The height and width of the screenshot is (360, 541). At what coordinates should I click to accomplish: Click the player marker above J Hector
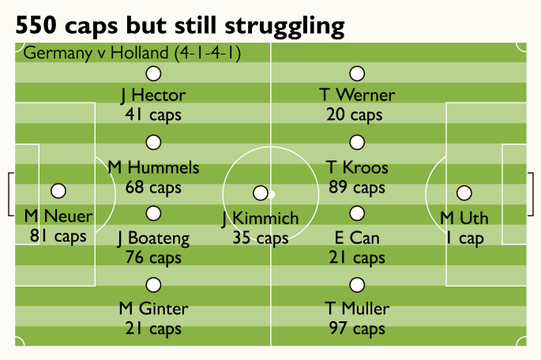(x=153, y=73)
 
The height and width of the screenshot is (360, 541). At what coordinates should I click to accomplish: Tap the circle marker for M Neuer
(x=58, y=191)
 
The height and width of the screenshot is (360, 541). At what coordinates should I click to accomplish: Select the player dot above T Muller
(x=357, y=285)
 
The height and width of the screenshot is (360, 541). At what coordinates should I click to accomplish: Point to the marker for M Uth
(x=464, y=193)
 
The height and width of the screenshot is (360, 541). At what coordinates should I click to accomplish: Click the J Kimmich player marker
(x=260, y=193)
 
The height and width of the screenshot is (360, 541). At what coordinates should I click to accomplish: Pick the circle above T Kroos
(x=357, y=143)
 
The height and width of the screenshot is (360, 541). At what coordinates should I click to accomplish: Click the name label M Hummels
(x=153, y=168)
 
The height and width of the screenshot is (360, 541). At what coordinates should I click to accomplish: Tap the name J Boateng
(x=153, y=238)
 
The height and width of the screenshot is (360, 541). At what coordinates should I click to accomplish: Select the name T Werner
(x=357, y=96)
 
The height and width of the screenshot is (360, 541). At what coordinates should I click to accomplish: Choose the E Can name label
(x=357, y=238)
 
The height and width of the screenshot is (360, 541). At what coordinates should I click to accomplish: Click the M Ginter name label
(x=153, y=308)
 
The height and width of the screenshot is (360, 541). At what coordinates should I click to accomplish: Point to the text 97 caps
(x=357, y=328)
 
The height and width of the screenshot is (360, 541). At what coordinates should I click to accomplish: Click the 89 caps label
(x=357, y=188)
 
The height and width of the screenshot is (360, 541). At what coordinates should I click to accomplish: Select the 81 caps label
(x=58, y=235)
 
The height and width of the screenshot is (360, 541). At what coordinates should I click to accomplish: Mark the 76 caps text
(x=153, y=257)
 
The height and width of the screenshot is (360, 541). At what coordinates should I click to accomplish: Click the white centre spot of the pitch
(x=270, y=193)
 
